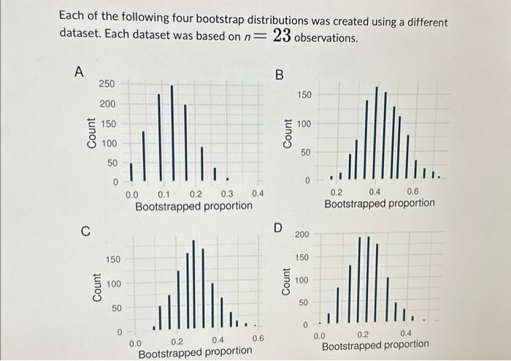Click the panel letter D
coord(278,227)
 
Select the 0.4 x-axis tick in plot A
coord(258,194)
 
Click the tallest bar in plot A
coord(172,132)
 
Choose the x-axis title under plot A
coord(194,207)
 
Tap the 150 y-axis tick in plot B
coord(304,95)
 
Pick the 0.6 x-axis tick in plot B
coord(412,191)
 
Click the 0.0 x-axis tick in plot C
coord(136,341)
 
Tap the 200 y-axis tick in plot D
coord(301,235)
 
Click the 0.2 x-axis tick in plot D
coord(364,334)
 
